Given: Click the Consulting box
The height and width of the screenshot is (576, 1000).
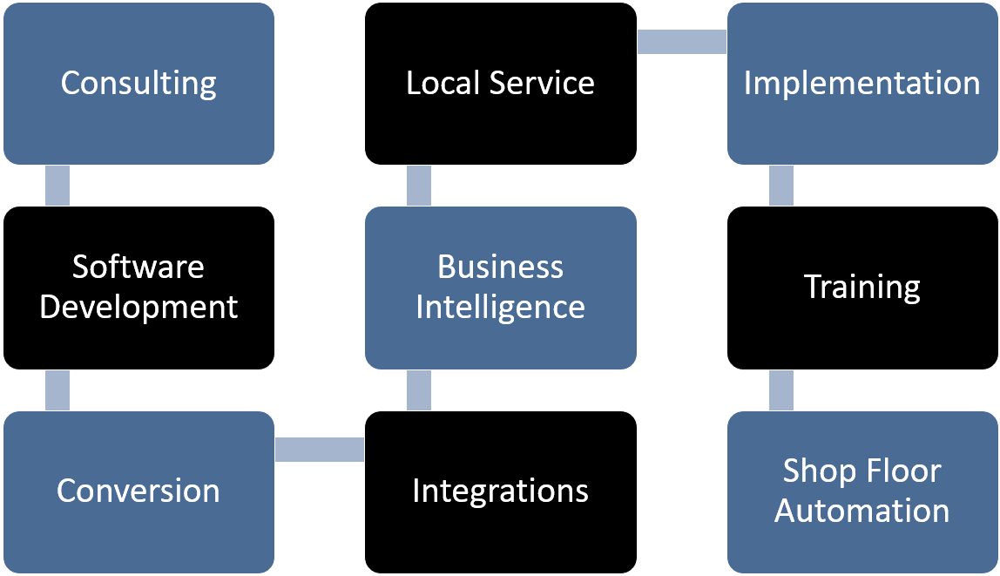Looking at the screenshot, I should click(139, 84).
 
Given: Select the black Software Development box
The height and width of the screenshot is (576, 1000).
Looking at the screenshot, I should click(139, 287).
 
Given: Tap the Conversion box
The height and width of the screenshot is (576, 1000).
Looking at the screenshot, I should click(139, 491).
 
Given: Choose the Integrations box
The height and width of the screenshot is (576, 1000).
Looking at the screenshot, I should click(500, 491).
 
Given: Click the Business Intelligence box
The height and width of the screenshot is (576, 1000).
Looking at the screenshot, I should click(500, 287).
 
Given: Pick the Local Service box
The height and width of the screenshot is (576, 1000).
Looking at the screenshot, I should click(500, 84).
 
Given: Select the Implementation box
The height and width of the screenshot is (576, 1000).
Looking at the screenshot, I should click(862, 84).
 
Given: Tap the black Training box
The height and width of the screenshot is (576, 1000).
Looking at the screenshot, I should click(862, 287).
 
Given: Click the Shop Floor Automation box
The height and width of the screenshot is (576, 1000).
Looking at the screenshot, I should click(862, 491).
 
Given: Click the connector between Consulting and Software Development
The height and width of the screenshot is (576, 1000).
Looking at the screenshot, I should click(57, 186).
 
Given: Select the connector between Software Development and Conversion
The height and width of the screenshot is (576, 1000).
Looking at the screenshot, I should click(57, 390).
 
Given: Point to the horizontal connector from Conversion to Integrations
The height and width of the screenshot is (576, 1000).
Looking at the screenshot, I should click(319, 450).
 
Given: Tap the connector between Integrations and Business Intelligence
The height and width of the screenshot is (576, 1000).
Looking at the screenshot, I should click(419, 390).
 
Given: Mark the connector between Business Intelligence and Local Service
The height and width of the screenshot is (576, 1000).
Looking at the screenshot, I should click(419, 186).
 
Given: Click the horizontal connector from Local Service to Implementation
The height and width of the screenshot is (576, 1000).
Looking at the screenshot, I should click(681, 42).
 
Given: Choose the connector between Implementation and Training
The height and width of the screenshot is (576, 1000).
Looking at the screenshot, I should click(781, 186).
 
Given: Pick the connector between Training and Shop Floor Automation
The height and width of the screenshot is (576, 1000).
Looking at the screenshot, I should click(781, 390).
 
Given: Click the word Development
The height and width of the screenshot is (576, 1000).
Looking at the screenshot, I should click(139, 308).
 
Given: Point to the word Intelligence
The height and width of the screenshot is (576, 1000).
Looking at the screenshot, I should click(500, 308).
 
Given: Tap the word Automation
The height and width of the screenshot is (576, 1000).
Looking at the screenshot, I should click(862, 511).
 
